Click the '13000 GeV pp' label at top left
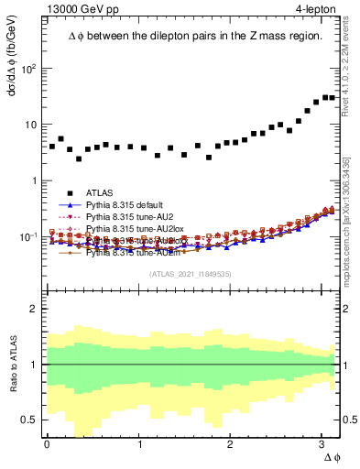(x=78, y=10)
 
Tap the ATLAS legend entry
(x=99, y=192)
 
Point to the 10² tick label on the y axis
(x=29, y=69)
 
